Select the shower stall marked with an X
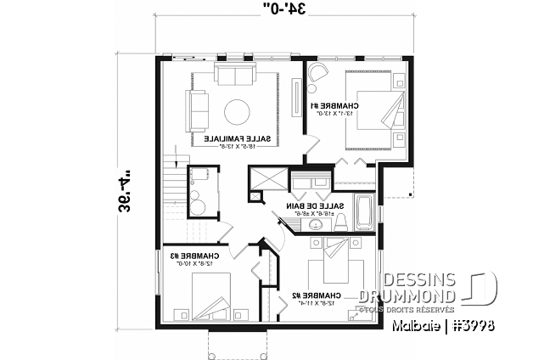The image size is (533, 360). click(x=266, y=181)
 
